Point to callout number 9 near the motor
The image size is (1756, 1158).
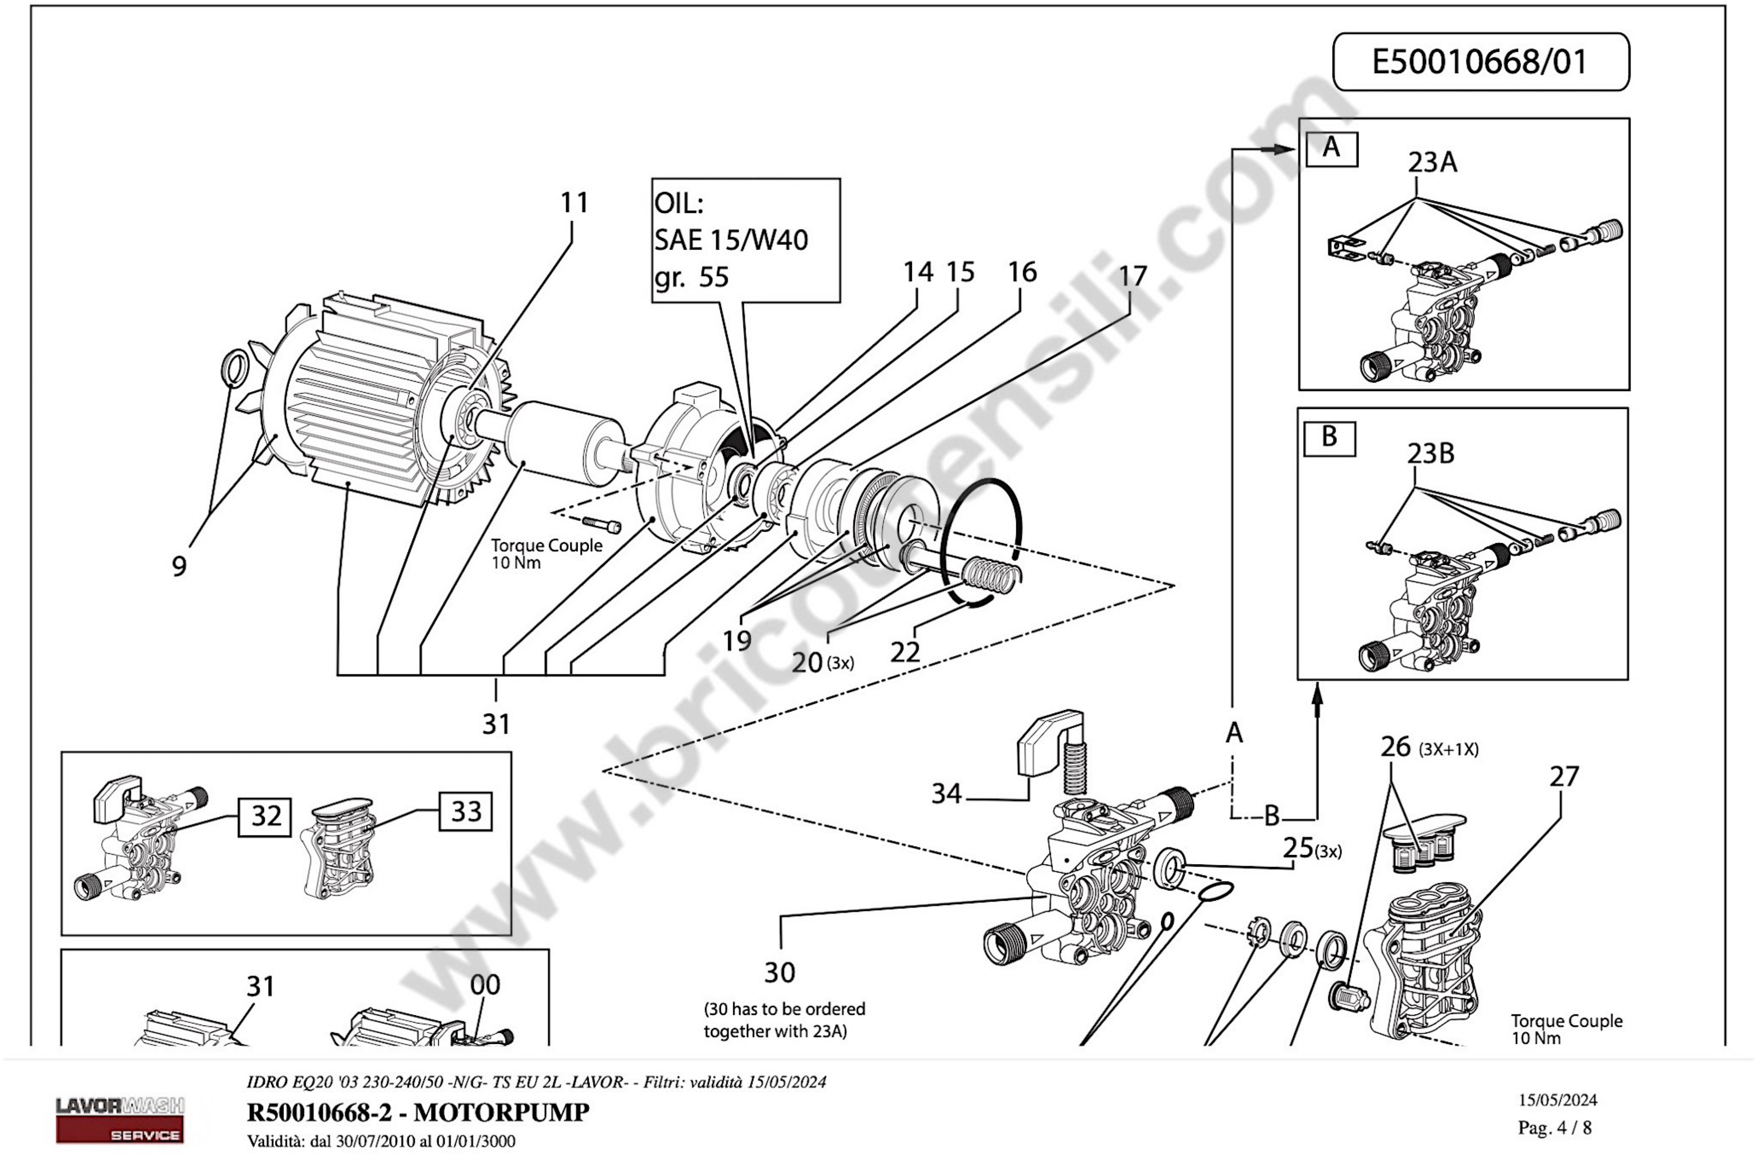coord(179,566)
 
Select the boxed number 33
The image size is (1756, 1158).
coord(466,812)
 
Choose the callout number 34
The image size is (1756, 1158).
coord(946,794)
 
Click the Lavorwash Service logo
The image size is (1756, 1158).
coord(120,1120)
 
